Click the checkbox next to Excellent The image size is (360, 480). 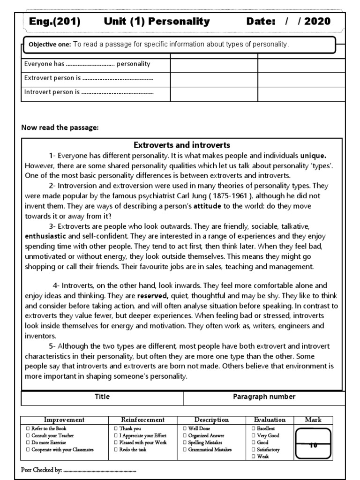(254, 428)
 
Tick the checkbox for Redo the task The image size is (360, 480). (116, 450)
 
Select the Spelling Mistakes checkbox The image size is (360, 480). (184, 442)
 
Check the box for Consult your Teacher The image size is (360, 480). (28, 435)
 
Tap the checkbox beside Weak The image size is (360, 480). (254, 457)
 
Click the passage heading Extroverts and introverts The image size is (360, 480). (182, 145)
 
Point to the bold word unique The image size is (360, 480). (313, 155)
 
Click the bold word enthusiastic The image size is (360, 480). (45, 236)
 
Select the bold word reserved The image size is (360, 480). (153, 296)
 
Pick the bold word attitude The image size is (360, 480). (207, 206)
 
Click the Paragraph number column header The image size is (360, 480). (264, 397)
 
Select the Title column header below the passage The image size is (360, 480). (102, 397)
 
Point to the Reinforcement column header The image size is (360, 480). (142, 420)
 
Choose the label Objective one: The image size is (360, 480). (50, 45)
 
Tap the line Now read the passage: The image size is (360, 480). (60, 128)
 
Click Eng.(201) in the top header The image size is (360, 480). (55, 21)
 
